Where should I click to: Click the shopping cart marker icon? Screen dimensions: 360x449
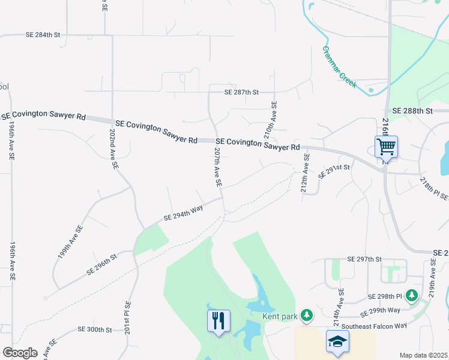click(x=386, y=146)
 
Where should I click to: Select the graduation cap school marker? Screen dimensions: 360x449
click(x=338, y=341)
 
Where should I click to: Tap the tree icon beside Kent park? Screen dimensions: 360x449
click(x=307, y=314)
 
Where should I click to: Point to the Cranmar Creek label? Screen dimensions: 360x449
click(x=340, y=67)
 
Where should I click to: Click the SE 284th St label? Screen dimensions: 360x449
click(x=43, y=35)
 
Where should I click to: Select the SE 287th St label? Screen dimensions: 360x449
click(x=241, y=92)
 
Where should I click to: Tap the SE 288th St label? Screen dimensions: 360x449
click(x=412, y=111)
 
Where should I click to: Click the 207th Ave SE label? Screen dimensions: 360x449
click(x=218, y=167)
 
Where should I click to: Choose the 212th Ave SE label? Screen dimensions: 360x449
click(x=306, y=173)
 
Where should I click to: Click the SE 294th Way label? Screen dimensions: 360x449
click(x=184, y=213)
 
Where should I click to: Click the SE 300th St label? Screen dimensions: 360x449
click(x=95, y=330)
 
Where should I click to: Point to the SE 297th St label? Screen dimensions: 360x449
click(x=364, y=259)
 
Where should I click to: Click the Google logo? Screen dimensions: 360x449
click(x=19, y=353)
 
